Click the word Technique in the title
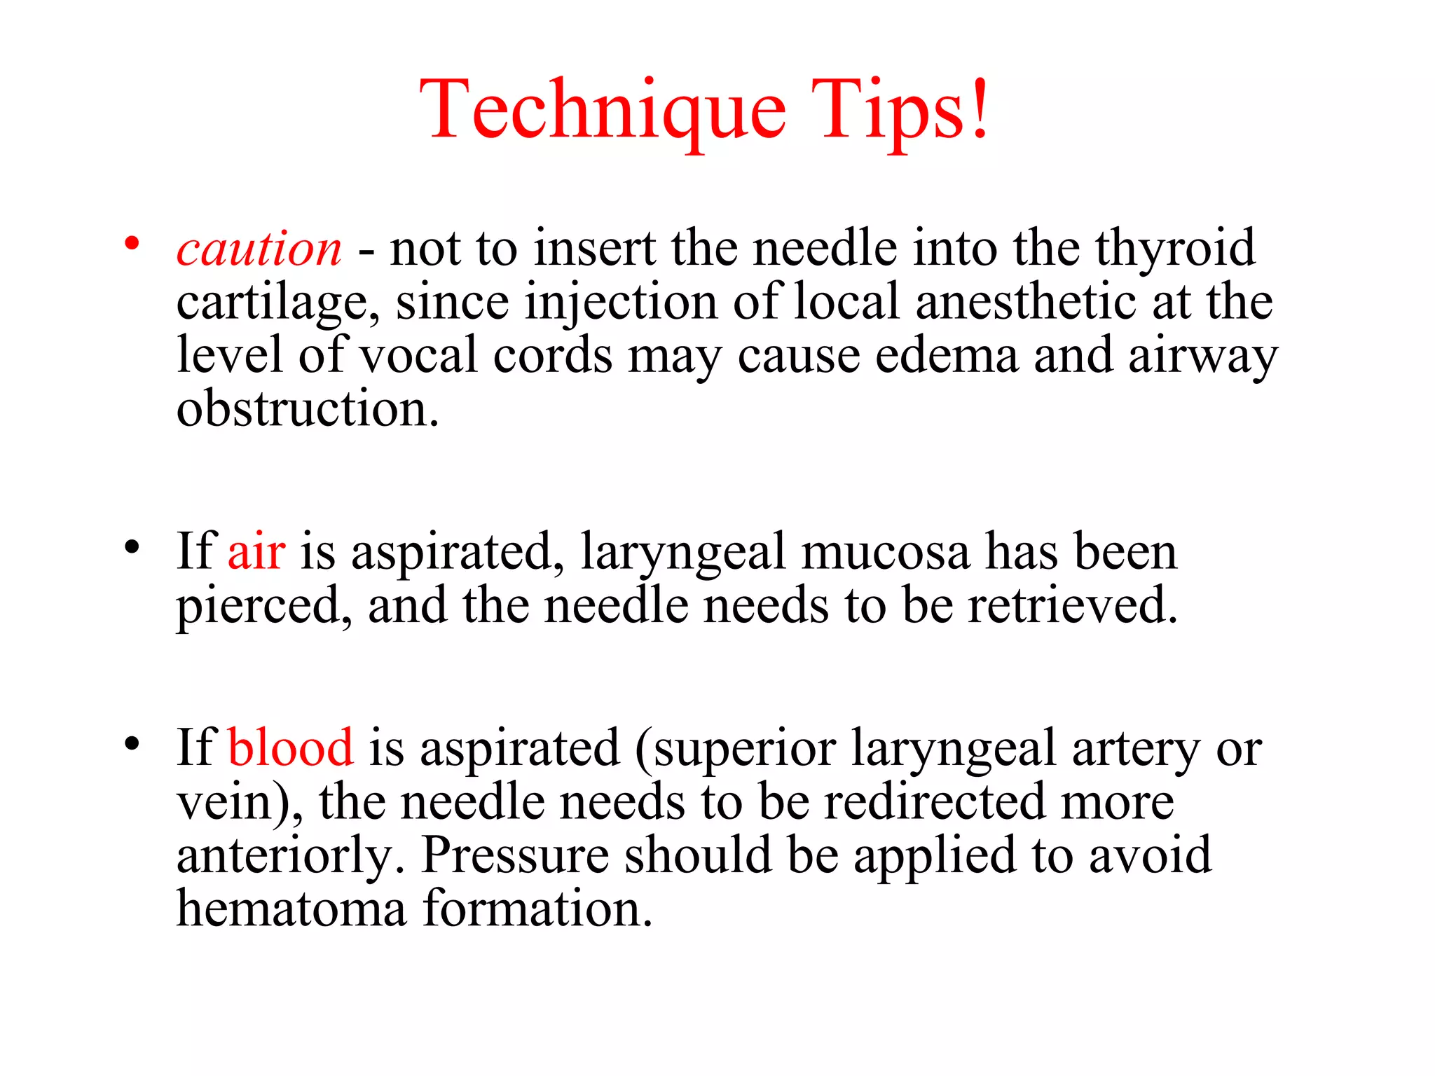point(603,111)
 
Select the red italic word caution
point(259,249)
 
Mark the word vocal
point(418,355)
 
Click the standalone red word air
point(256,551)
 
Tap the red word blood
point(291,747)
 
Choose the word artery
point(1136,749)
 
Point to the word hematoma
point(291,909)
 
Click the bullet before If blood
point(131,743)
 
